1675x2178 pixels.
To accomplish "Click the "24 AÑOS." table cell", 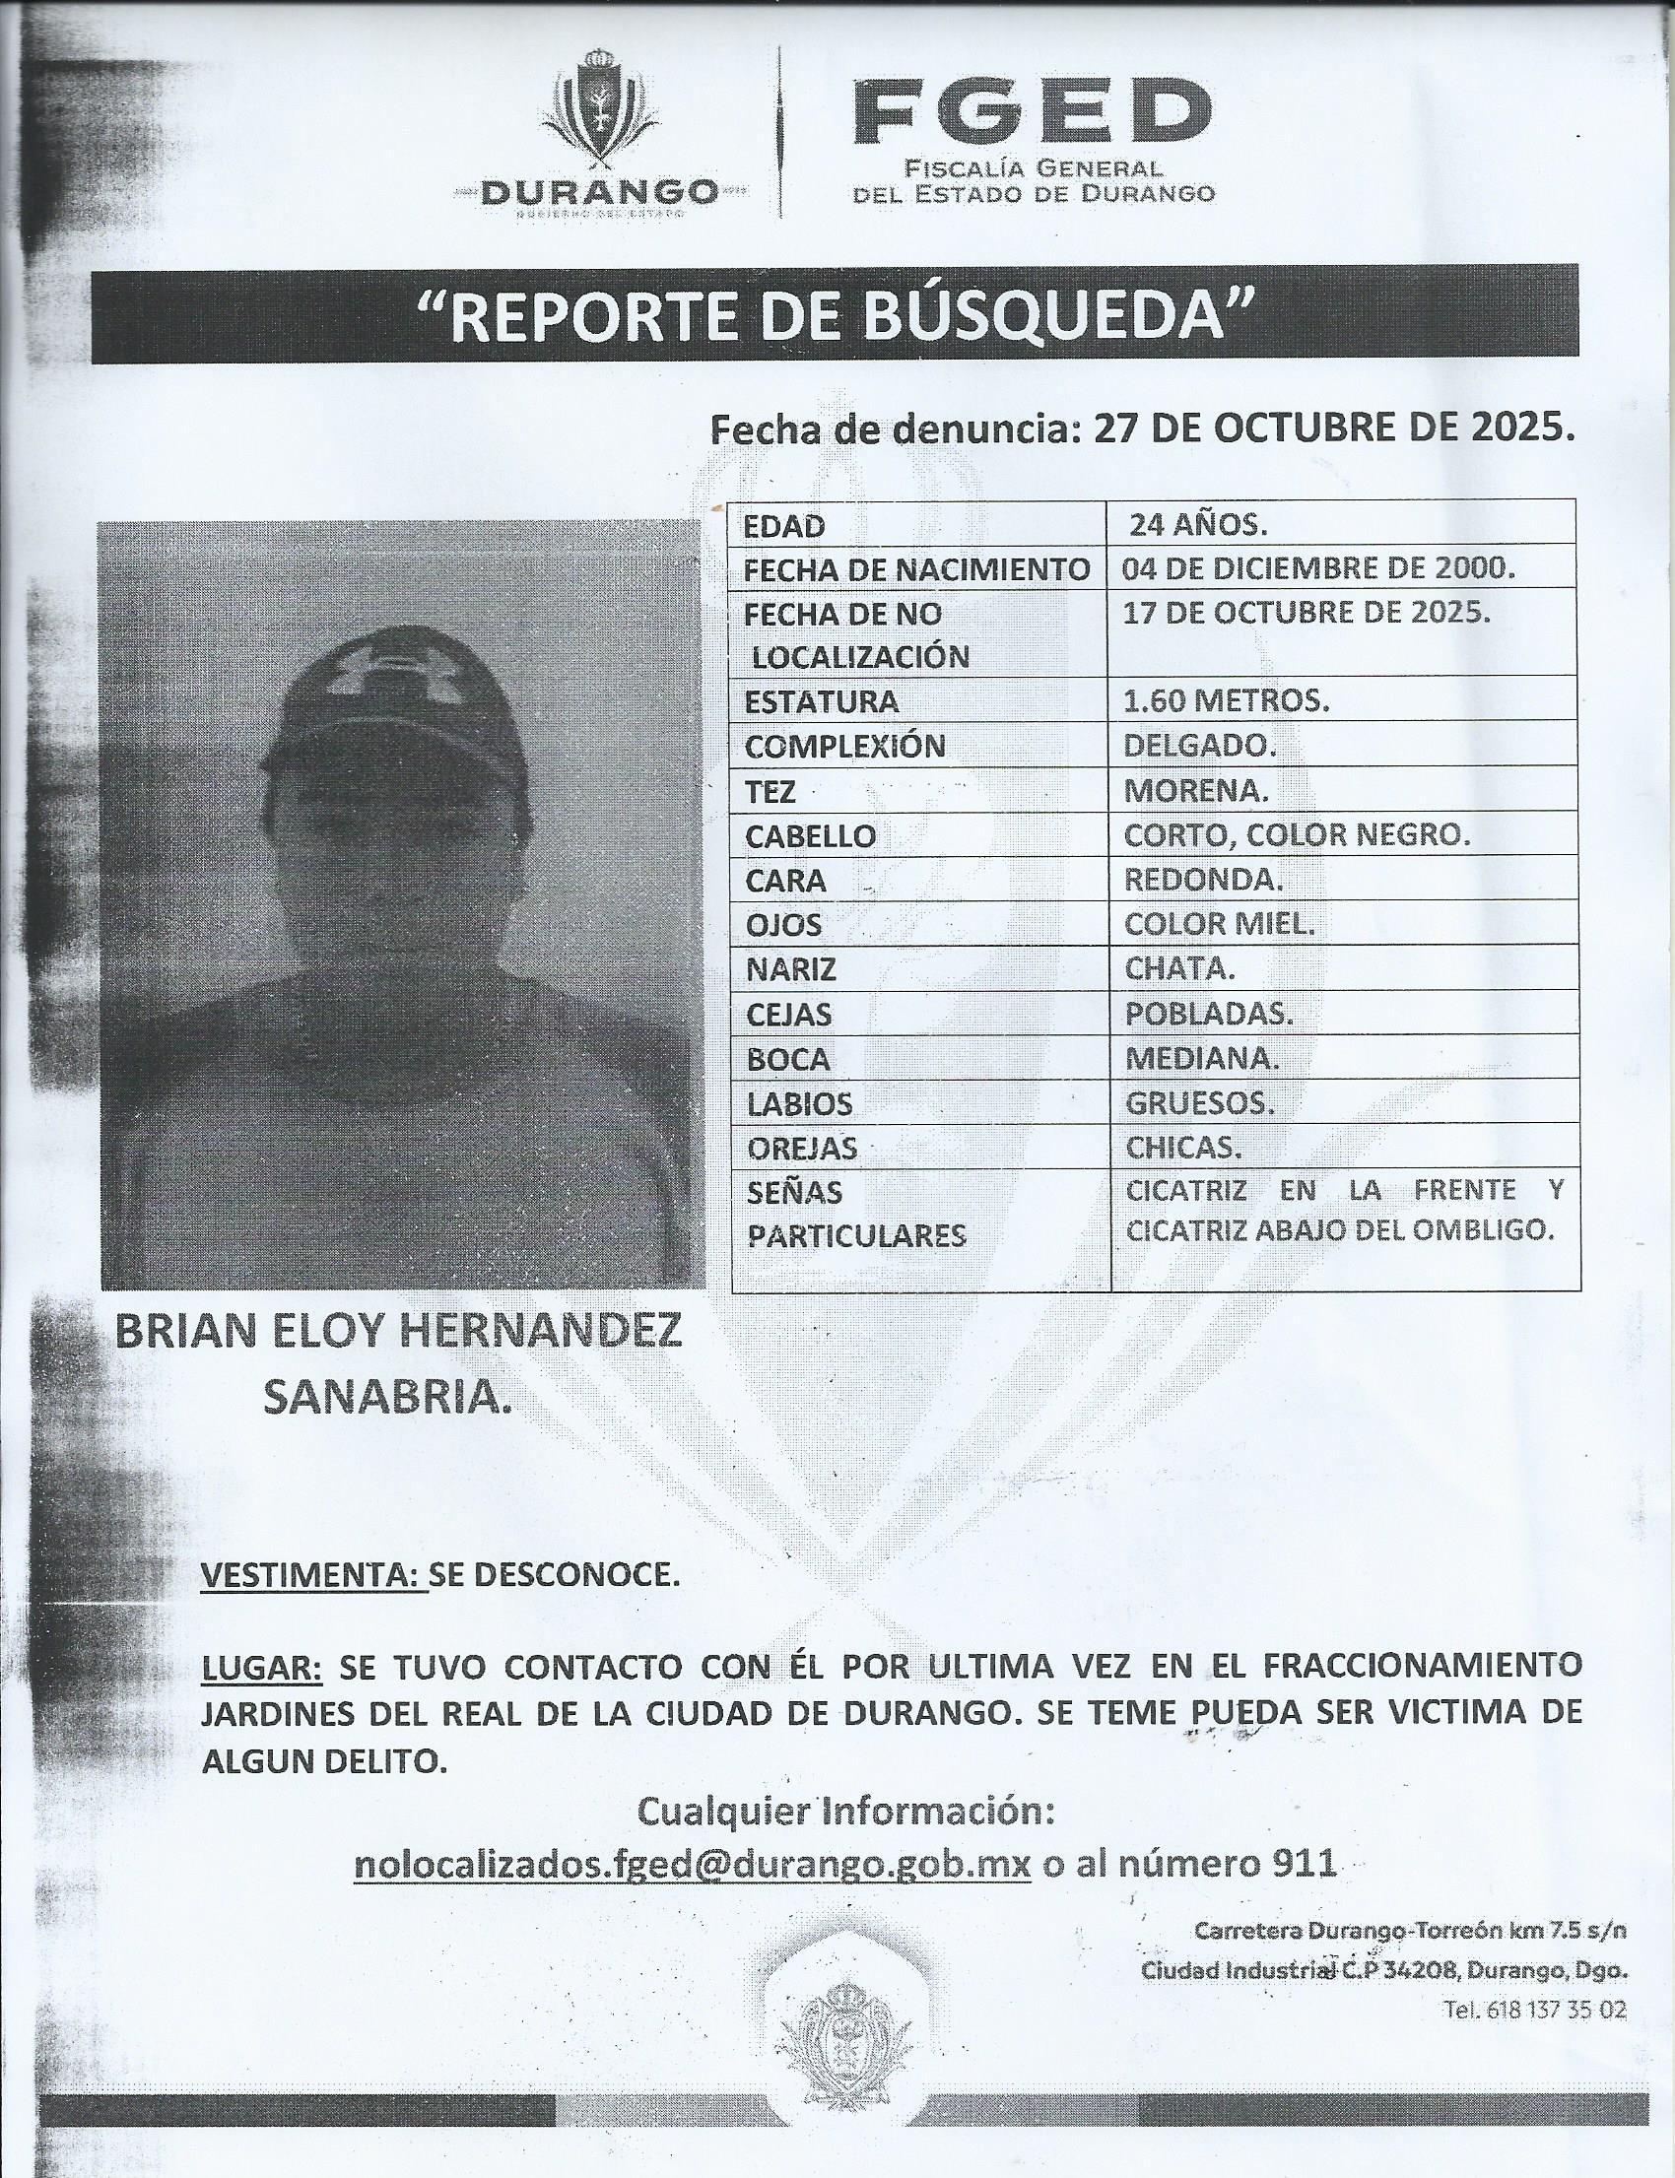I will coord(1197,524).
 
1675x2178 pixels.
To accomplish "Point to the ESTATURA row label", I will coord(822,701).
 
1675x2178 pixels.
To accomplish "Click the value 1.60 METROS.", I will coord(1227,700).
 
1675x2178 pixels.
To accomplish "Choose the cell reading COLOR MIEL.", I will coord(1220,924).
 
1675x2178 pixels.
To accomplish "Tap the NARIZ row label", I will coord(790,969).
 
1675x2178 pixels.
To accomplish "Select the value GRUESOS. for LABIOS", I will coord(1199,1102).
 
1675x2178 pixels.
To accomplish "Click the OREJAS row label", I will coord(801,1149).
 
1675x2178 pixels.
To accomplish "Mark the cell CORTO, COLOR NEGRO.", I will coord(1296,834).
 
